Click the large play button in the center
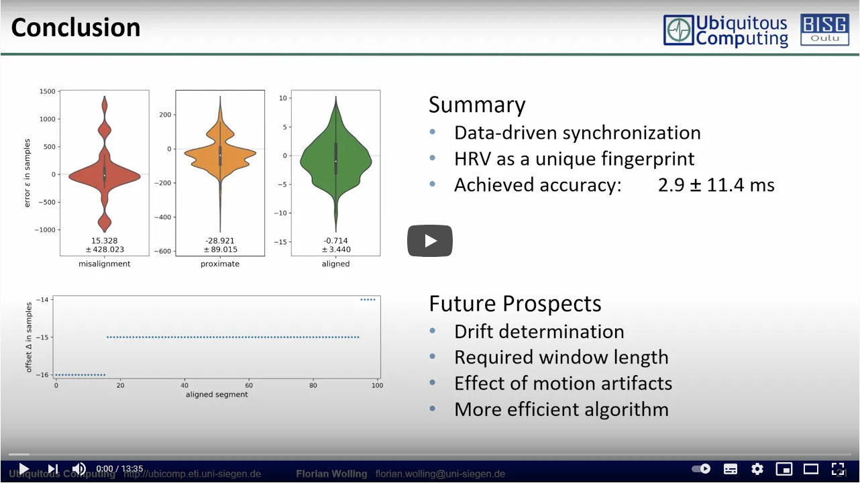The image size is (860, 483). point(429,240)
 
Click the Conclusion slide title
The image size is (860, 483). point(76,28)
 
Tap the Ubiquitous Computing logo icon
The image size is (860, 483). point(679,31)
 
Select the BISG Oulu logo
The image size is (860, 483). point(824,30)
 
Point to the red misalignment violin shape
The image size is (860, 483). point(104,175)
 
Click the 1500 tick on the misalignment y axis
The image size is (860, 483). point(47,91)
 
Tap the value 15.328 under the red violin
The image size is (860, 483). point(104,240)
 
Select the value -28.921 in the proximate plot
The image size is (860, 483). point(220,240)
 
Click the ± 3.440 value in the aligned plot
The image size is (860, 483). point(335,250)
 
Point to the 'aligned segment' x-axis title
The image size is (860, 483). point(217,394)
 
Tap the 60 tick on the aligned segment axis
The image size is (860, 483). point(249,385)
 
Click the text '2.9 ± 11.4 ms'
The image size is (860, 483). point(716,185)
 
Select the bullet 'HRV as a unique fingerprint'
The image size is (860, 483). point(574,159)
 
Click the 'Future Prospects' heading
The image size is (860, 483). point(515,304)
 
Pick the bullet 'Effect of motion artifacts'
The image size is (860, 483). point(563,384)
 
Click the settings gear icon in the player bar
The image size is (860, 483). point(757,469)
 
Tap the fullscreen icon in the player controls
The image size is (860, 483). point(838,469)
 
